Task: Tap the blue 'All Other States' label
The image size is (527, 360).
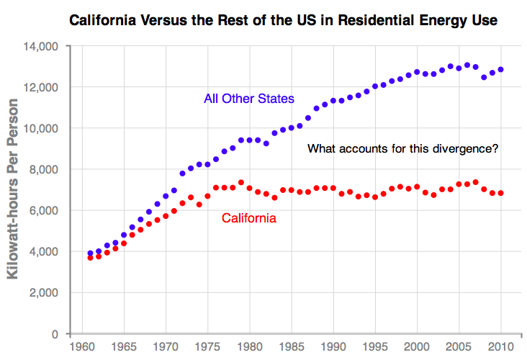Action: (x=249, y=99)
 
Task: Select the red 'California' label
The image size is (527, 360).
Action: (x=248, y=217)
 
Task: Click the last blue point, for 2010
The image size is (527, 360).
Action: (x=500, y=70)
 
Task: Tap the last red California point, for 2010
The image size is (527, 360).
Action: (x=500, y=193)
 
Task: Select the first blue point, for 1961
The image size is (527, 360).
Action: (x=90, y=253)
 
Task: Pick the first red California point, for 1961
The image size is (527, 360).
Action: (x=90, y=258)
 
